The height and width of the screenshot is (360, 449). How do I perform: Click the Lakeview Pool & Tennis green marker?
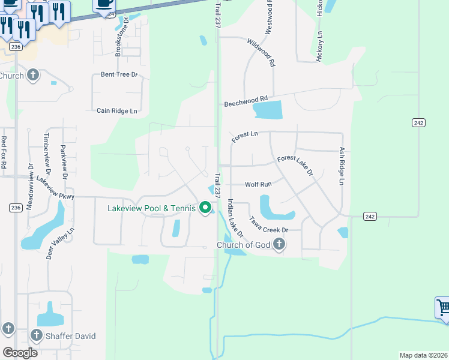pos(205,208)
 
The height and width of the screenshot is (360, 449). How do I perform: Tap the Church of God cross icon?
pos(279,244)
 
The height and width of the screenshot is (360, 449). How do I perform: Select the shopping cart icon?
pos(443,308)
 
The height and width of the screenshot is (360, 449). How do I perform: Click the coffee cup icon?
pos(104,4)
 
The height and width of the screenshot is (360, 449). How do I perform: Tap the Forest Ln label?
pos(244,137)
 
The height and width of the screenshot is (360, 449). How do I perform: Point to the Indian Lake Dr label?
pos(235,218)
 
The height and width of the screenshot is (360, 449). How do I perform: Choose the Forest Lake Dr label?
pos(295,166)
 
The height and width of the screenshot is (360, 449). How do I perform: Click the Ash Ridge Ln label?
pos(342,166)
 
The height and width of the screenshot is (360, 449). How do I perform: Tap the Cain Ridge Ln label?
pos(117,111)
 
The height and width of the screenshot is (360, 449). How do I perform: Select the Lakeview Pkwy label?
pos(55,188)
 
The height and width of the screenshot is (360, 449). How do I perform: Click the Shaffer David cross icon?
pos(36,335)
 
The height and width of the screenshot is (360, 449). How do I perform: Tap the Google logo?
pos(20,353)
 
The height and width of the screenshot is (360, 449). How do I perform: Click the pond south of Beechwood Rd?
pos(268,110)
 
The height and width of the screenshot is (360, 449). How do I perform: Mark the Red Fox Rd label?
pos(4,152)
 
